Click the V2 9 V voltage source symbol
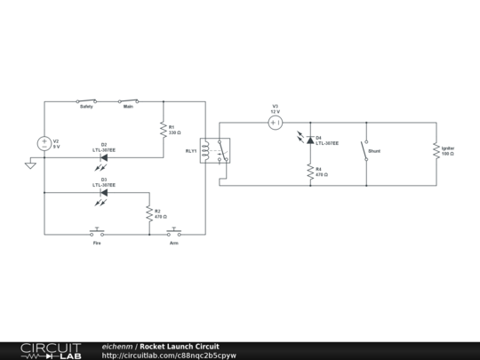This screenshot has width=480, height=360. (x=44, y=143)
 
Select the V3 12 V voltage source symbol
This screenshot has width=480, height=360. (x=276, y=123)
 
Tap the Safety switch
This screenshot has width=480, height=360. (x=86, y=100)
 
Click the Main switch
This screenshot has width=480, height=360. (x=128, y=100)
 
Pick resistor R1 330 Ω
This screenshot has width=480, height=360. (x=164, y=130)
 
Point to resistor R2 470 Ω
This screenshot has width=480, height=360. (x=149, y=213)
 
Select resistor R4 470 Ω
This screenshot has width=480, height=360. (x=309, y=171)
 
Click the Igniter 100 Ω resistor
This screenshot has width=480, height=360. (x=436, y=151)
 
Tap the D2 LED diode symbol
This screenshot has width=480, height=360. (x=104, y=157)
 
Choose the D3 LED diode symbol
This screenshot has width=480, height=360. (x=104, y=192)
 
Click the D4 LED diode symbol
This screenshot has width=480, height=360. (x=309, y=139)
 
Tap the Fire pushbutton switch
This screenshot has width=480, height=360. (x=98, y=234)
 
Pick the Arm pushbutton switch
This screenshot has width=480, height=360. (x=174, y=234)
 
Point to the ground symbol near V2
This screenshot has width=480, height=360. (x=30, y=164)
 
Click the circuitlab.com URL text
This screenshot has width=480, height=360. (x=169, y=356)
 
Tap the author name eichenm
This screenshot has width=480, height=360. (x=117, y=346)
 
